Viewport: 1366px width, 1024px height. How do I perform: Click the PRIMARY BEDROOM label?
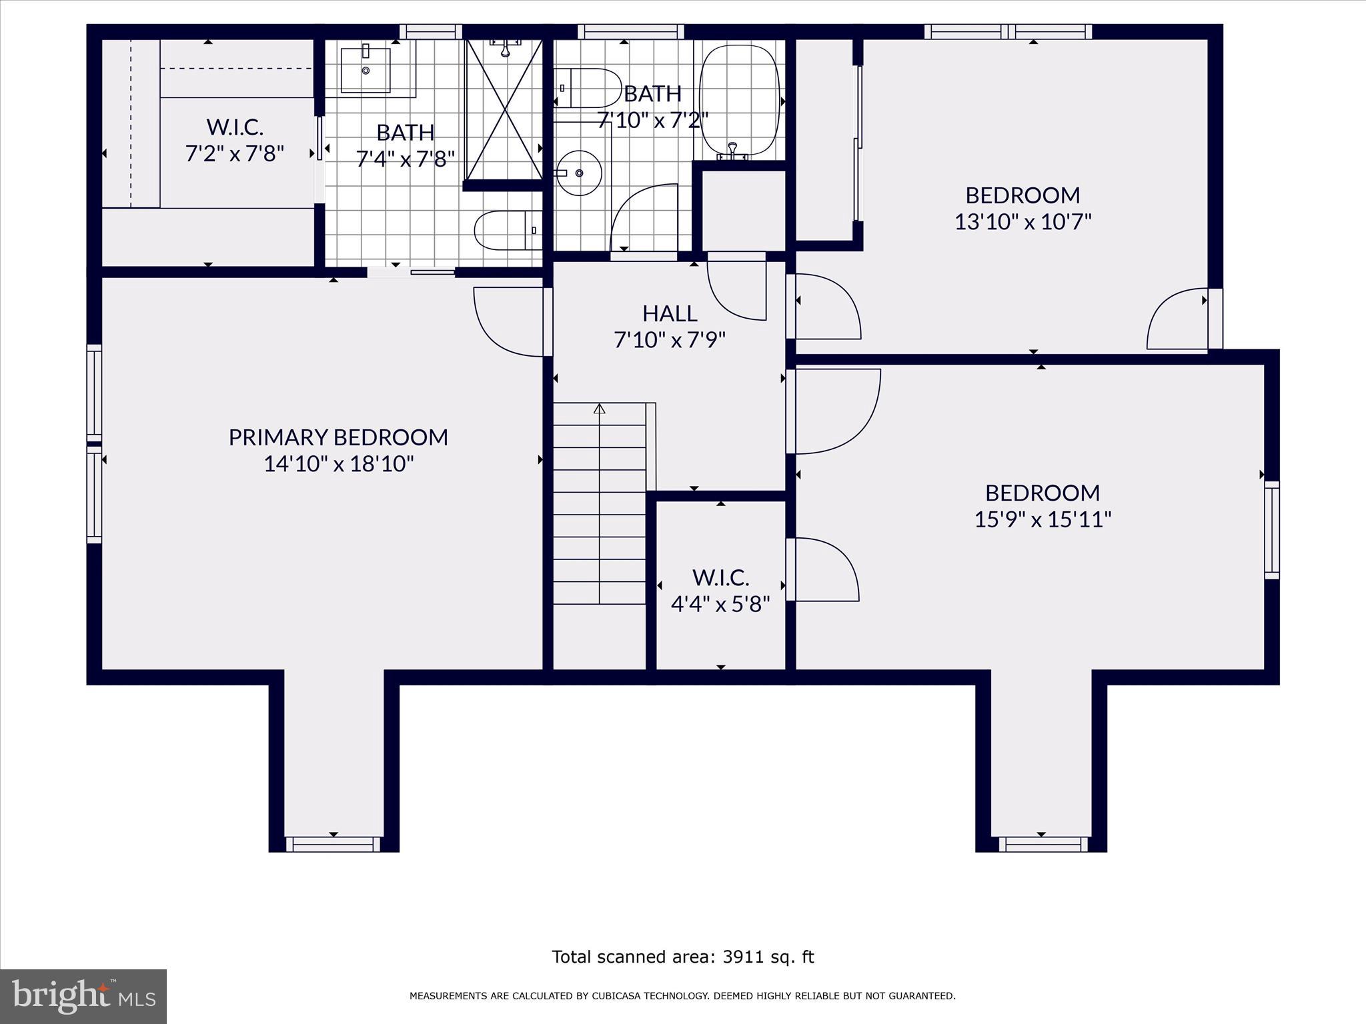(338, 437)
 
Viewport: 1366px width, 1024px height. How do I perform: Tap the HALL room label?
(670, 313)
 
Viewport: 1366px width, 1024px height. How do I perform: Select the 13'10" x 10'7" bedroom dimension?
(1022, 221)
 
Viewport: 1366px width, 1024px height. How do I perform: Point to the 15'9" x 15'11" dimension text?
(1043, 519)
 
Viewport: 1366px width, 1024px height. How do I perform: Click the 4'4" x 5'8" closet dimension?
(720, 604)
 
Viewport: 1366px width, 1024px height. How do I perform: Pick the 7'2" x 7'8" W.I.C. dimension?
(235, 153)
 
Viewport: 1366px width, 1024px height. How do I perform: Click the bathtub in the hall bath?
(740, 101)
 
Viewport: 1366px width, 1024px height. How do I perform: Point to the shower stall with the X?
(504, 109)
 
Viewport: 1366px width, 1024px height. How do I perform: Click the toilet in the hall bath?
(588, 88)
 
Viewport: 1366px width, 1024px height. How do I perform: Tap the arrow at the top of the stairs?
(599, 408)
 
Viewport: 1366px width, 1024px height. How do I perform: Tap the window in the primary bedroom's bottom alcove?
(333, 844)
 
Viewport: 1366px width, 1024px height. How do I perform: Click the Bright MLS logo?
(83, 997)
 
